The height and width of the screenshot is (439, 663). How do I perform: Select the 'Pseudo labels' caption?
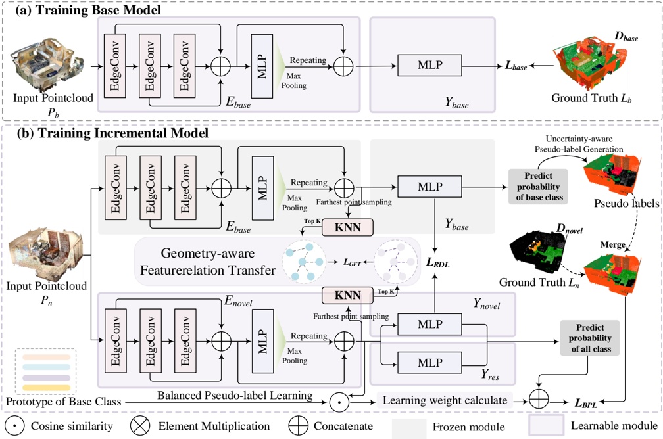tap(629, 204)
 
